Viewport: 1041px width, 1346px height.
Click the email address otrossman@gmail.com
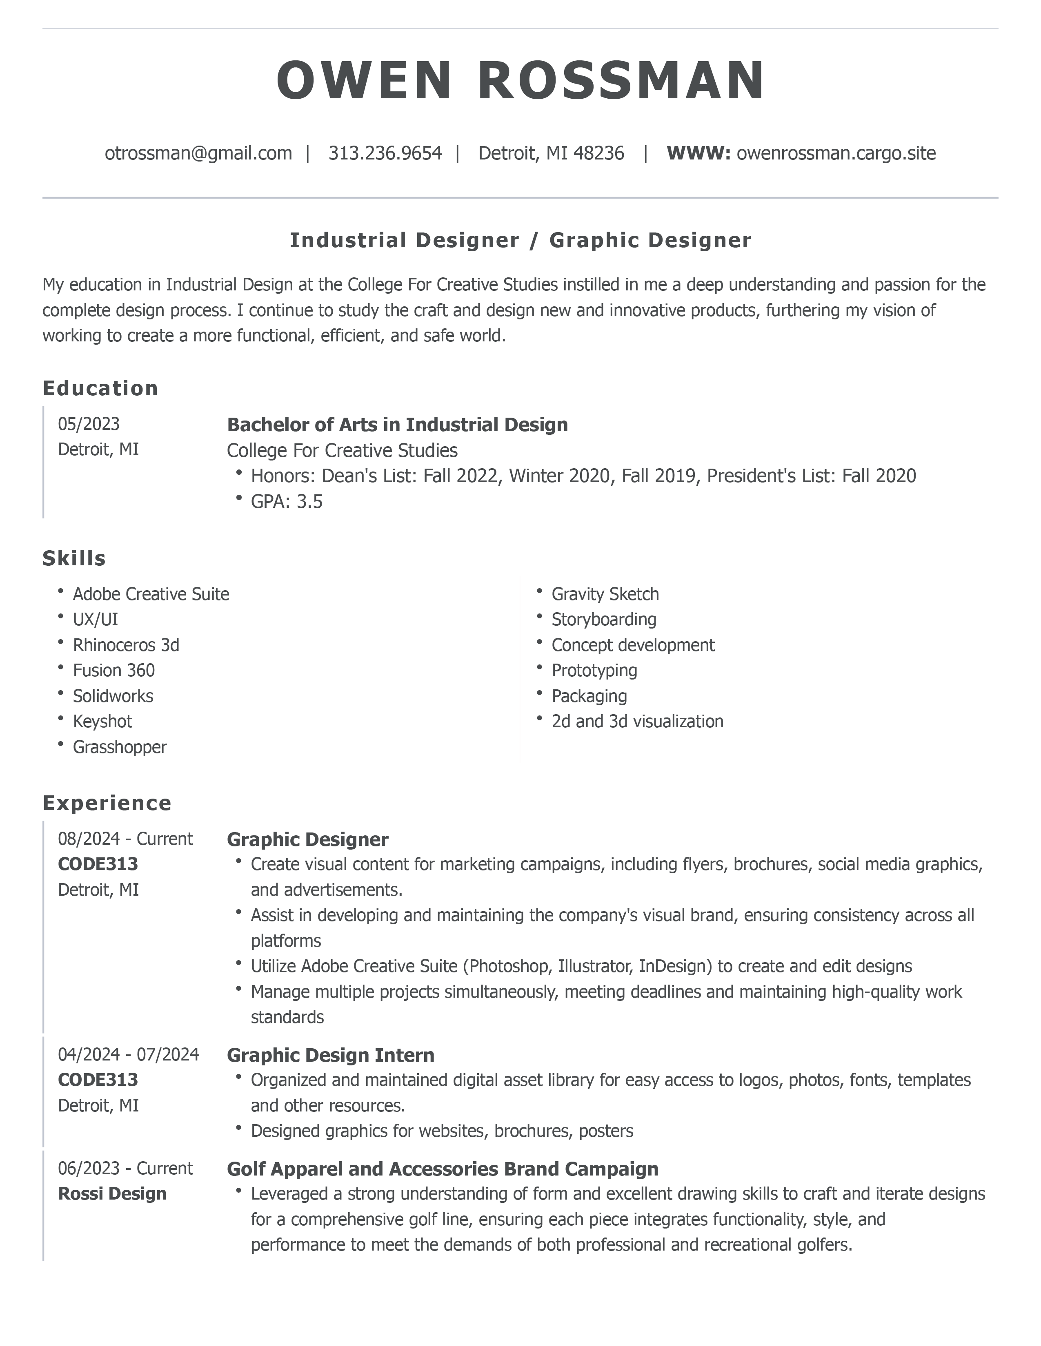198,153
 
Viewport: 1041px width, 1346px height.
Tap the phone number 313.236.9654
385,153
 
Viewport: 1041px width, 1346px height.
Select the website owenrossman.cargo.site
836,153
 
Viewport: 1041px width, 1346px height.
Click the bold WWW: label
698,153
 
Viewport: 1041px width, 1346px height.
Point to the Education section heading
100,388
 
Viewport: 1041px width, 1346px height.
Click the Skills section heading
74,558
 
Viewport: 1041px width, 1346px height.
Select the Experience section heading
107,803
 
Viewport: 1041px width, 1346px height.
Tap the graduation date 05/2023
89,424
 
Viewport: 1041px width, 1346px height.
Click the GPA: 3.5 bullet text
286,501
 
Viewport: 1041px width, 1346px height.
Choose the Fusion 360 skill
113,671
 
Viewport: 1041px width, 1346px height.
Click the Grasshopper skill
120,747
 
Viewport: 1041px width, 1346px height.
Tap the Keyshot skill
102,721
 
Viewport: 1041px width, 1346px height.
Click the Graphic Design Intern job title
331,1055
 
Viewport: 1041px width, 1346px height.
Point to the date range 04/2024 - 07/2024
128,1054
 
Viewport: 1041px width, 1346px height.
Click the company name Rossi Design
112,1194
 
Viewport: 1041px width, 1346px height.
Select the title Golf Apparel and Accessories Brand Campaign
442,1169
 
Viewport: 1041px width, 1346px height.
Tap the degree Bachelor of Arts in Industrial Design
397,425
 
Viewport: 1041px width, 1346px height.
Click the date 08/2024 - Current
125,839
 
